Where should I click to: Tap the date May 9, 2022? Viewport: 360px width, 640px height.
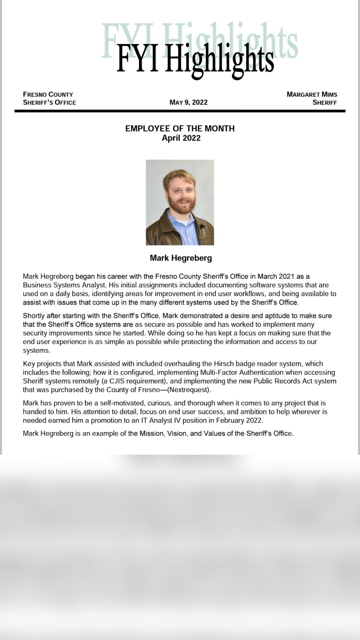[x=188, y=102]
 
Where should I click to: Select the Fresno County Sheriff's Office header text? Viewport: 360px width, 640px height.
[x=49, y=98]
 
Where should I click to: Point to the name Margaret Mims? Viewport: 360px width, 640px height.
[x=312, y=94]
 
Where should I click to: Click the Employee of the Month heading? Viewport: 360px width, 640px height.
[x=180, y=129]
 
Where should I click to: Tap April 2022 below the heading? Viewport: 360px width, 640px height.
[x=181, y=138]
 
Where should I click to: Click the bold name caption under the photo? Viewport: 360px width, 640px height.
[x=181, y=258]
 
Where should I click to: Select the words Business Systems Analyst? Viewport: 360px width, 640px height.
[x=64, y=285]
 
